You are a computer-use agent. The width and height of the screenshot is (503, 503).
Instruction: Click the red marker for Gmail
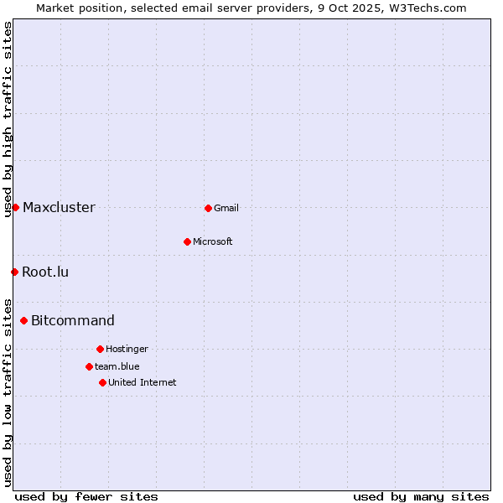click(x=208, y=208)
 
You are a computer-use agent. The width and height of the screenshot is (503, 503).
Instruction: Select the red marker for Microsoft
click(x=187, y=241)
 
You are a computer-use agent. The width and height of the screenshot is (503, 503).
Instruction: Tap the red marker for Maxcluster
click(x=15, y=207)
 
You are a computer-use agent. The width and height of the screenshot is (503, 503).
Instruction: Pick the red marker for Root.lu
click(x=14, y=272)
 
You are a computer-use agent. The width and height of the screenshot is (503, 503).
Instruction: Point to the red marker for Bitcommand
click(x=23, y=320)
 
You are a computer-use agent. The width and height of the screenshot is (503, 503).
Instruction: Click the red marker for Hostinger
click(x=100, y=349)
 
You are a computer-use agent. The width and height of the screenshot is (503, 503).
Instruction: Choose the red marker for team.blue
click(x=89, y=366)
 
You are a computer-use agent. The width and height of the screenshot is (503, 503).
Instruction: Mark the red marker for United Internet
click(x=102, y=382)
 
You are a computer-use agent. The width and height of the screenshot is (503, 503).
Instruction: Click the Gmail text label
click(x=226, y=208)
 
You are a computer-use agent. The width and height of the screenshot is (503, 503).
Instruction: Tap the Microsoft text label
click(x=213, y=241)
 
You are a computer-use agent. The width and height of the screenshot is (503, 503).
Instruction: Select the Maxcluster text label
click(x=59, y=207)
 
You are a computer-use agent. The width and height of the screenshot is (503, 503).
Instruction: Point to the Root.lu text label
click(x=45, y=272)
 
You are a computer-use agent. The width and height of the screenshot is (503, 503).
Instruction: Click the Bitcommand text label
click(x=73, y=320)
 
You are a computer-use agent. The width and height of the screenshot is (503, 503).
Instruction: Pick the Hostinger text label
click(x=127, y=349)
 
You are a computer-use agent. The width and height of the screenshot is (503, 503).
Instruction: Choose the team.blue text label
click(x=117, y=366)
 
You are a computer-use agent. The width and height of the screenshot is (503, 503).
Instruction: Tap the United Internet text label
click(x=143, y=382)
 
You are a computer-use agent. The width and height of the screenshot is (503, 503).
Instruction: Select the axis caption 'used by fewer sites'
click(x=86, y=496)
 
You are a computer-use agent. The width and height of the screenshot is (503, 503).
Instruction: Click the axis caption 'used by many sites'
click(x=421, y=496)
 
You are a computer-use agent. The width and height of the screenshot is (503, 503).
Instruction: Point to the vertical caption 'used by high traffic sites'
click(x=8, y=119)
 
